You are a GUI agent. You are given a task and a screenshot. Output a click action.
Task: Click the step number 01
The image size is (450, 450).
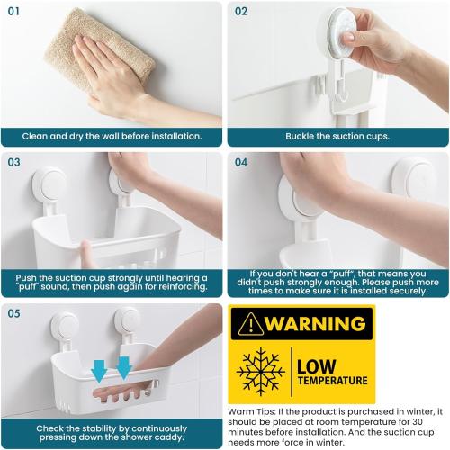pos(14,12)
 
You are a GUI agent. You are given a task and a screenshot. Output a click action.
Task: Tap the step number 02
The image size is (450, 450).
pos(241,12)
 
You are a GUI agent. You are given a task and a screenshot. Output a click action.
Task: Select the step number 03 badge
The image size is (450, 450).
pos(14,163)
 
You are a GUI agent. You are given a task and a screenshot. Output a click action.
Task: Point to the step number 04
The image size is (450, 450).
pos(241,163)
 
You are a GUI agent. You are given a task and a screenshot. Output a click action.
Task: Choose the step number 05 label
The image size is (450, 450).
pos(14,314)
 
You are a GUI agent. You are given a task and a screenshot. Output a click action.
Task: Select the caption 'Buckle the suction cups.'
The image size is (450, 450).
pos(337,137)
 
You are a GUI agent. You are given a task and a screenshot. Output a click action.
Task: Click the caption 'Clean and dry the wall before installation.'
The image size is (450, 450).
pos(112,137)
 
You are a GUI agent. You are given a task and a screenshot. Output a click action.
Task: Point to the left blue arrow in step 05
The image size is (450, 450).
pos(97,366)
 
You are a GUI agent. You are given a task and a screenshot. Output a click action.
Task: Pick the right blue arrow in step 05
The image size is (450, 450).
pos(123,365)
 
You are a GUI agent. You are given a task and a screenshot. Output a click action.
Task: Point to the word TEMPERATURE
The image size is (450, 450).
pos(332,381)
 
